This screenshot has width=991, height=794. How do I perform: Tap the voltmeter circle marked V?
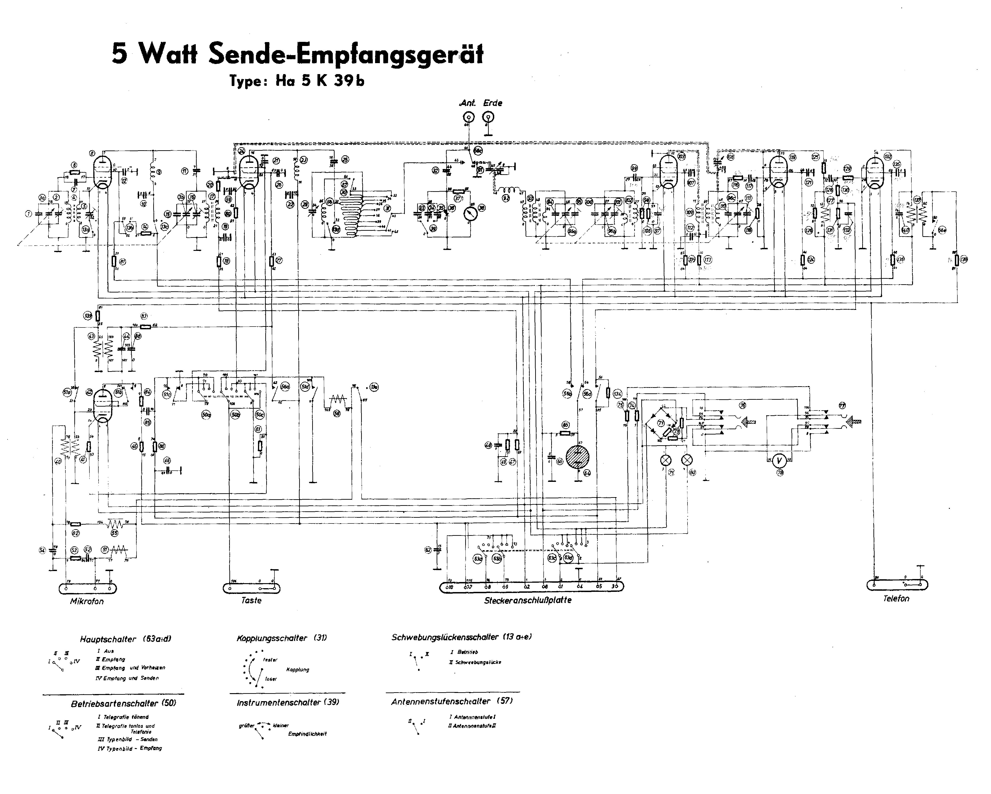779,460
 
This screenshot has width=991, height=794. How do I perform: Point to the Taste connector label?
251,600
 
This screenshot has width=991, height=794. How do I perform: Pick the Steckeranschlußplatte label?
528,600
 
